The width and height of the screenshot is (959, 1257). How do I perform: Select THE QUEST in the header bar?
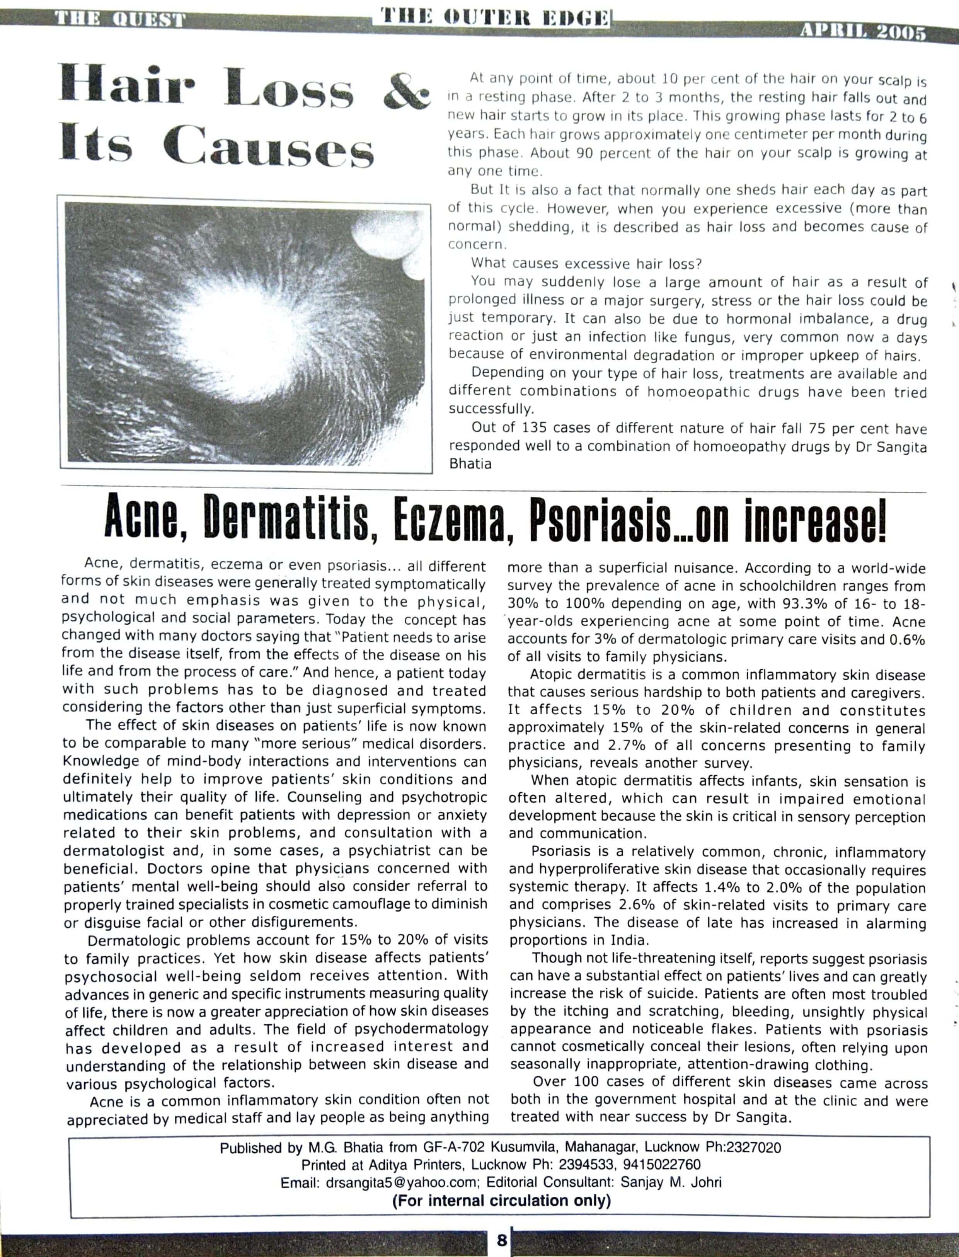click(x=119, y=19)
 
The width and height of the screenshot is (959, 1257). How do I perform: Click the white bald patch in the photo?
click(x=228, y=331)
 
